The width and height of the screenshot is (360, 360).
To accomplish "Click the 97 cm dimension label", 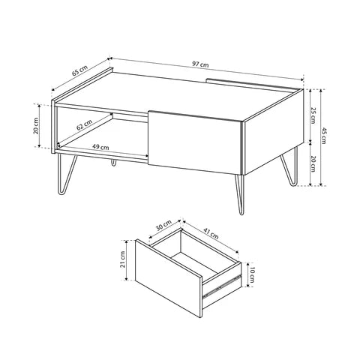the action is (x=200, y=64).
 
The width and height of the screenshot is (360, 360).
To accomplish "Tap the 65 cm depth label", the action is (x=79, y=70).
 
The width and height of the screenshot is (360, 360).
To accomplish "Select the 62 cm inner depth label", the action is (x=84, y=124).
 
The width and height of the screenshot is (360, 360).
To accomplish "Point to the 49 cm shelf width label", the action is (x=100, y=147).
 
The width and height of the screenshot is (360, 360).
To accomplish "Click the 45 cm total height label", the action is (x=323, y=136).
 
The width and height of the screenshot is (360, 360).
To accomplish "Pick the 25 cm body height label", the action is (x=313, y=115).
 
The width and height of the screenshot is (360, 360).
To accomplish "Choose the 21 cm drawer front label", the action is (x=122, y=259).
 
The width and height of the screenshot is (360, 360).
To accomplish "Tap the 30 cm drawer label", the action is (x=163, y=225).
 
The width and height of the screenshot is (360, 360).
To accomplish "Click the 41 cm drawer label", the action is (x=211, y=233).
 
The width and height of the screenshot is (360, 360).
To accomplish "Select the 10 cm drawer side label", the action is (x=251, y=275).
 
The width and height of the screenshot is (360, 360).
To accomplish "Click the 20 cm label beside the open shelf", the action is (x=36, y=126).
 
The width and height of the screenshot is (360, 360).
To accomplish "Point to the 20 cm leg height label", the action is (x=313, y=163).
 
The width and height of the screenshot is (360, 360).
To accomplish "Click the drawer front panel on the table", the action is (x=195, y=142).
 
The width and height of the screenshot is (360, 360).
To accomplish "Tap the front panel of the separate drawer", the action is (x=169, y=278).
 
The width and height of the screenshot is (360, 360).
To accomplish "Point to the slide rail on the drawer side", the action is (x=222, y=286).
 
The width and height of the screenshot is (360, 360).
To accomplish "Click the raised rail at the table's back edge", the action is (x=253, y=84).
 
